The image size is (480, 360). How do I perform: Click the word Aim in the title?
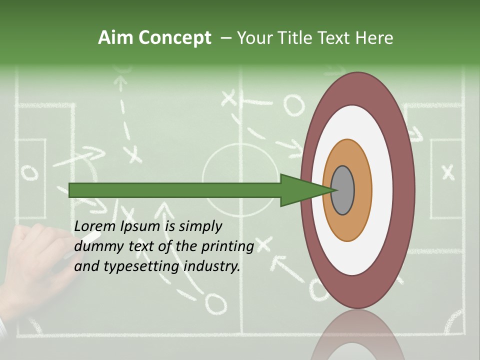click(x=116, y=38)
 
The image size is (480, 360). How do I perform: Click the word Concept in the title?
click(x=174, y=38)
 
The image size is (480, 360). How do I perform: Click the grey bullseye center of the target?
click(x=342, y=190)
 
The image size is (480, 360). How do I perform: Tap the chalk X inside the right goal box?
click(x=448, y=172)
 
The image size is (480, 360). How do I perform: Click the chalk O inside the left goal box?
click(x=29, y=172)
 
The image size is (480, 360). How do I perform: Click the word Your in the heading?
click(x=252, y=38)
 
